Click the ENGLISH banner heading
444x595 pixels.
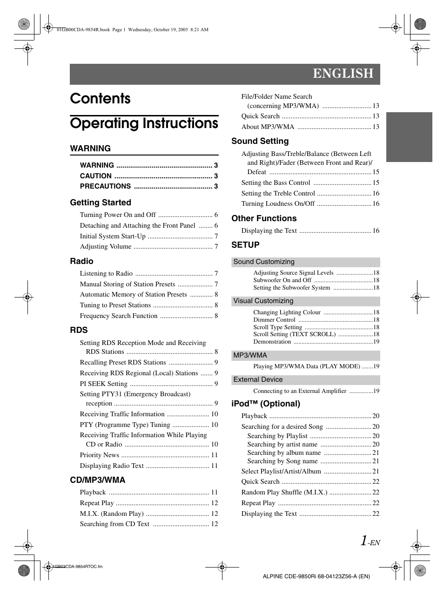pyautogui.click(x=343, y=74)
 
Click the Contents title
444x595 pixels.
pyautogui.click(x=101, y=99)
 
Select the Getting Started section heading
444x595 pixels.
pyautogui.click(x=101, y=203)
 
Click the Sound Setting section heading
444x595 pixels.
pyautogui.click(x=260, y=141)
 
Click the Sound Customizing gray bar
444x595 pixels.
pyautogui.click(x=306, y=262)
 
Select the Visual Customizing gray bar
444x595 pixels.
pyautogui.click(x=306, y=301)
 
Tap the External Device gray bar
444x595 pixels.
pyautogui.click(x=306, y=380)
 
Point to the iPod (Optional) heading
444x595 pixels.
pyautogui.click(x=266, y=404)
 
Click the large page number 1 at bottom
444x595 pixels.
pyautogui.click(x=363, y=541)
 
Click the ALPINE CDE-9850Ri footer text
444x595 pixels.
pyautogui.click(x=316, y=576)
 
